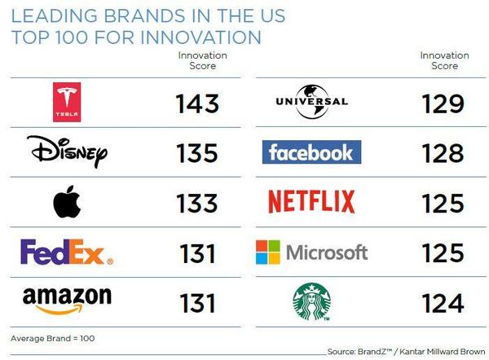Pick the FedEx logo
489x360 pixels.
[67, 252]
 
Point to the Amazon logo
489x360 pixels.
[67, 301]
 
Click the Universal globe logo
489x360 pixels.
[311, 101]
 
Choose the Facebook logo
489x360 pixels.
[312, 151]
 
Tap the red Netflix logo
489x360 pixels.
[312, 200]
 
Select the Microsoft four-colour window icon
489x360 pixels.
[268, 252]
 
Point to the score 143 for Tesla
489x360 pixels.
[197, 103]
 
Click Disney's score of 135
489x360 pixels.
[197, 153]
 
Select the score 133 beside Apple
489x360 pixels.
[197, 203]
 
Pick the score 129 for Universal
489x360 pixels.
[443, 103]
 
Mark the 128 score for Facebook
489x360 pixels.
[443, 153]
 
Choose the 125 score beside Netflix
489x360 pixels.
[443, 203]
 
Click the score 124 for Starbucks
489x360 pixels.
[443, 303]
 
